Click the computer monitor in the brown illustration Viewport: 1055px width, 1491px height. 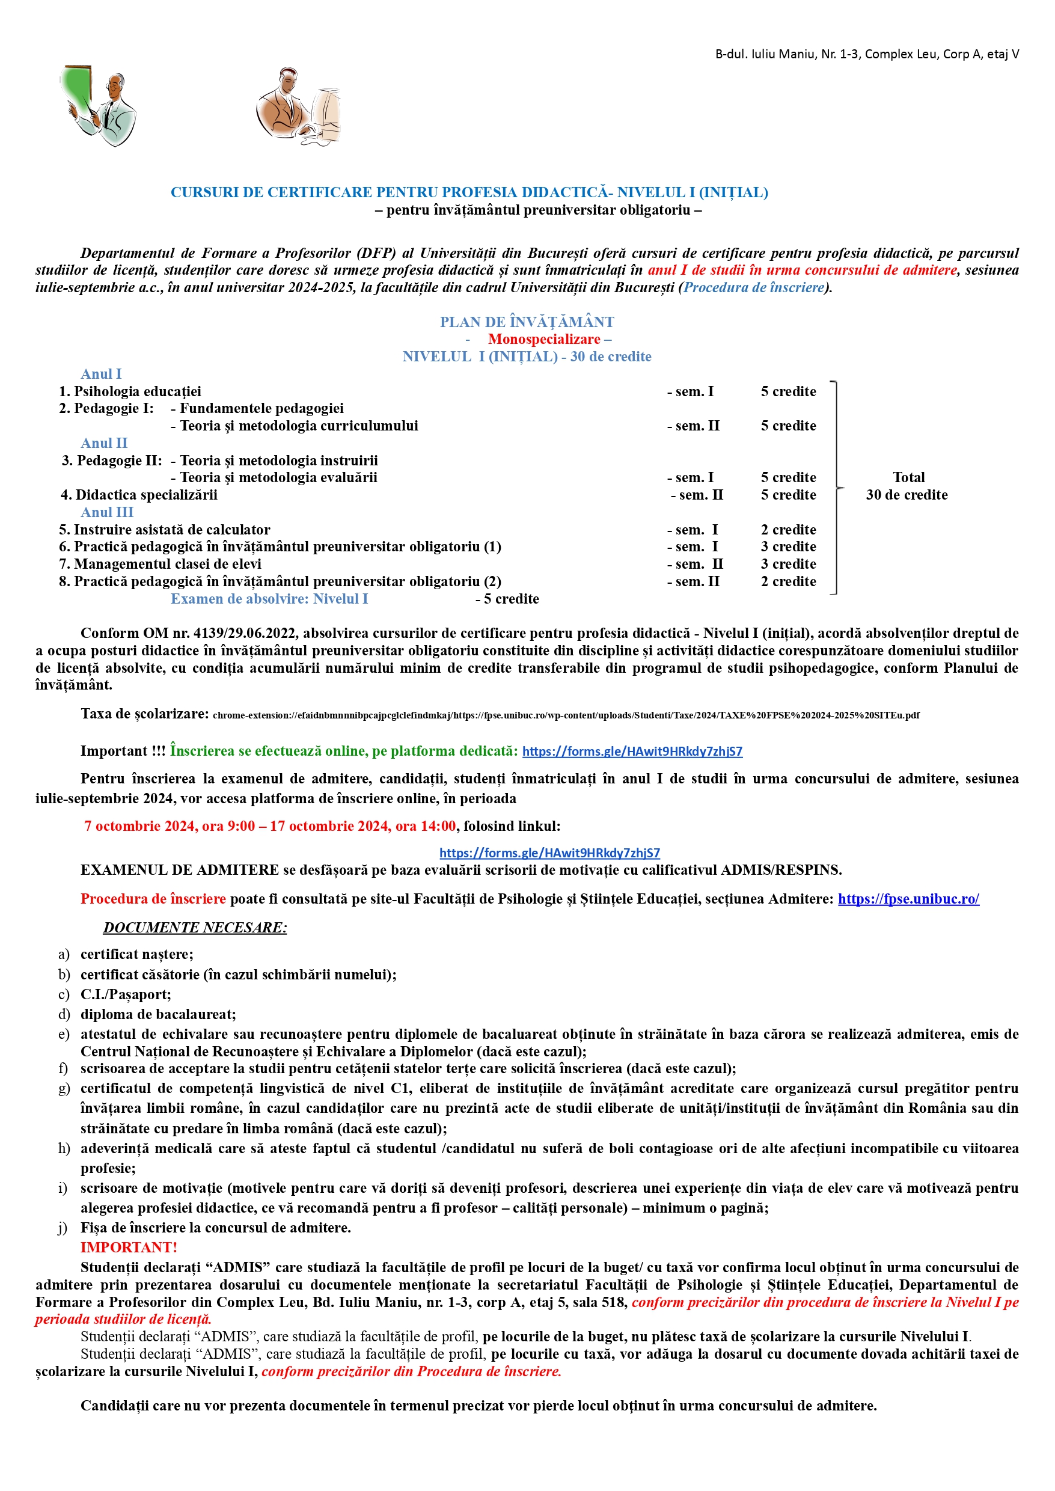pyautogui.click(x=328, y=112)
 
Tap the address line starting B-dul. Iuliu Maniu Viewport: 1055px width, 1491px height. pyautogui.click(x=867, y=54)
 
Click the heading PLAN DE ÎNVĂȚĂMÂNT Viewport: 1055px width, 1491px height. pyautogui.click(x=526, y=322)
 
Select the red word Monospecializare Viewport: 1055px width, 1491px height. pyautogui.click(x=544, y=339)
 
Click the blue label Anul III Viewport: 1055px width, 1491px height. pyautogui.click(x=106, y=512)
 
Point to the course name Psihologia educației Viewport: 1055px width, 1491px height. pyautogui.click(x=137, y=391)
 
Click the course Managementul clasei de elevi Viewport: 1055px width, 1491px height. pyautogui.click(x=167, y=564)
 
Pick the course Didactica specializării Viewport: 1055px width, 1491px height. pyautogui.click(x=146, y=494)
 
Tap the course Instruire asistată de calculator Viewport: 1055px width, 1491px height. pyautogui.click(x=171, y=530)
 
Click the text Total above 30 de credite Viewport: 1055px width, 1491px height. pyautogui.click(x=908, y=477)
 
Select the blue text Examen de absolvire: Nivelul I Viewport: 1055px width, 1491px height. pyautogui.click(x=269, y=598)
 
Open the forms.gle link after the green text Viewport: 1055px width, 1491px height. pyautogui.click(x=631, y=751)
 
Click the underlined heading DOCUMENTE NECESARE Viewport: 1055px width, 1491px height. pyautogui.click(x=194, y=927)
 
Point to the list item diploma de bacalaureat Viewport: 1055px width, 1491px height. pyautogui.click(x=158, y=1014)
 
